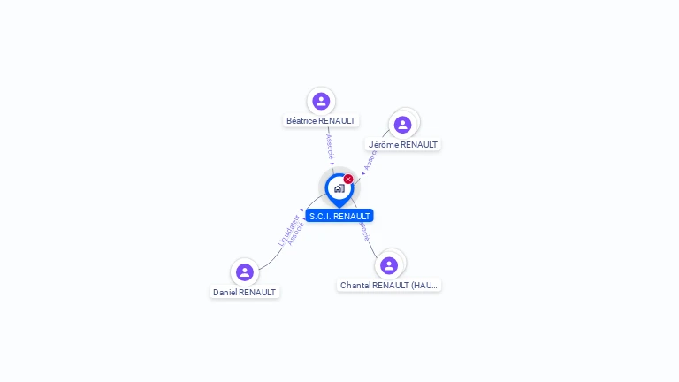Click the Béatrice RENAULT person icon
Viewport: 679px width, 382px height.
[x=321, y=101]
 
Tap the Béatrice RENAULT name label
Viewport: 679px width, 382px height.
[x=321, y=121]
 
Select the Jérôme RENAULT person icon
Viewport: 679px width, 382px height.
[x=402, y=125]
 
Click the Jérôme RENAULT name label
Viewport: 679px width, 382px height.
[x=403, y=145]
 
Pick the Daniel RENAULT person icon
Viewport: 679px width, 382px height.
[x=245, y=271]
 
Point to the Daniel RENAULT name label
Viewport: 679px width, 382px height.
[x=245, y=292]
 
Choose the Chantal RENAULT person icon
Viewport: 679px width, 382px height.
[x=389, y=265]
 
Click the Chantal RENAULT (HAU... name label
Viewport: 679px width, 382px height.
[x=390, y=286]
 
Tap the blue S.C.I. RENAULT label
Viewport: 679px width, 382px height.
[x=339, y=216]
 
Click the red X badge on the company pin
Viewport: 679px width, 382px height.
[x=348, y=179]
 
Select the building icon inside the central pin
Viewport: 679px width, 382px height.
[x=339, y=188]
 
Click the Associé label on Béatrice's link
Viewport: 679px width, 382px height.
[x=329, y=147]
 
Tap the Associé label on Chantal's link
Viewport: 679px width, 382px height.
[x=363, y=230]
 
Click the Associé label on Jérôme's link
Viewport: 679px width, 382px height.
[x=370, y=159]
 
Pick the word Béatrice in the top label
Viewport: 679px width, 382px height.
[x=302, y=121]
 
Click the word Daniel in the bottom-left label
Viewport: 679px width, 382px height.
[x=225, y=292]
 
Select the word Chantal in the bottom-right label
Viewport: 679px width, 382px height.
[x=356, y=286]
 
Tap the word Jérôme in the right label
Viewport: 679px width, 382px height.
[x=384, y=145]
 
